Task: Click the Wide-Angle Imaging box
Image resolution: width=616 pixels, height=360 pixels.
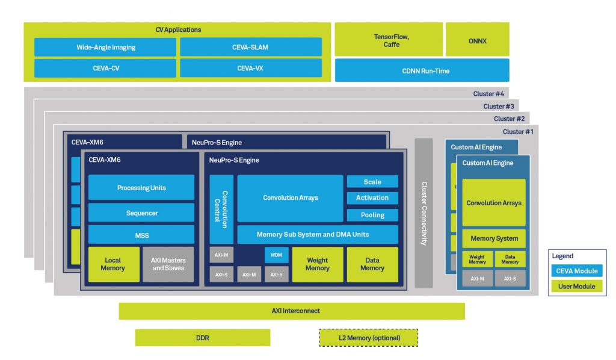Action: pos(105,47)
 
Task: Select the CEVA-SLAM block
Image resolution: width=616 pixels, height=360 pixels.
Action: pos(251,47)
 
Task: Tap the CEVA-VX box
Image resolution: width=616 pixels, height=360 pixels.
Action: pos(251,68)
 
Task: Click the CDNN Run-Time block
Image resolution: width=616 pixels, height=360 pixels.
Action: pos(422,70)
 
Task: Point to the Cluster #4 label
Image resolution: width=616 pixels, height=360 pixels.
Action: pos(488,93)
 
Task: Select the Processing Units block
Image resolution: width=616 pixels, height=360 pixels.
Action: pos(141,188)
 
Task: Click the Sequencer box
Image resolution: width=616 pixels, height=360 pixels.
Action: pos(141,213)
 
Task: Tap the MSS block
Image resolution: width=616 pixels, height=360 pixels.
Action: pos(141,235)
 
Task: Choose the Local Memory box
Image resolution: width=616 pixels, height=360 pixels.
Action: pos(114,264)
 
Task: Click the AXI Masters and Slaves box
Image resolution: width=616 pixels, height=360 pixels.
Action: pos(168,264)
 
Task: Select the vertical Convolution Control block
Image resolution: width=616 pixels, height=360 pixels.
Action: pos(221,209)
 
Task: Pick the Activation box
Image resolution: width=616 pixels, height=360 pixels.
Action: pos(372,198)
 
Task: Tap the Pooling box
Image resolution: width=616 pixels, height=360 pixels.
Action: pos(372,215)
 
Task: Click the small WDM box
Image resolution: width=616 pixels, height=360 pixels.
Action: pos(276,255)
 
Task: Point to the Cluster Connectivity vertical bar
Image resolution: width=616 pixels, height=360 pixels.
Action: pos(423,213)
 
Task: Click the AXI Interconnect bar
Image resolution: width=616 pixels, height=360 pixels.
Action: pos(292,311)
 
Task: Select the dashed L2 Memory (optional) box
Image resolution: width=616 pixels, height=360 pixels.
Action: pos(368,338)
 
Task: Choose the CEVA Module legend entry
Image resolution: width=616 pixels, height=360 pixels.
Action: pos(577,271)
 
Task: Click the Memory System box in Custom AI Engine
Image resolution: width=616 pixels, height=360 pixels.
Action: pos(494,238)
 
